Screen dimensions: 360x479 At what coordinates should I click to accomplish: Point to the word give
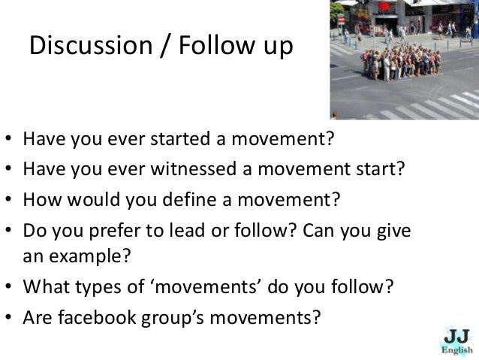[394, 233]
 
